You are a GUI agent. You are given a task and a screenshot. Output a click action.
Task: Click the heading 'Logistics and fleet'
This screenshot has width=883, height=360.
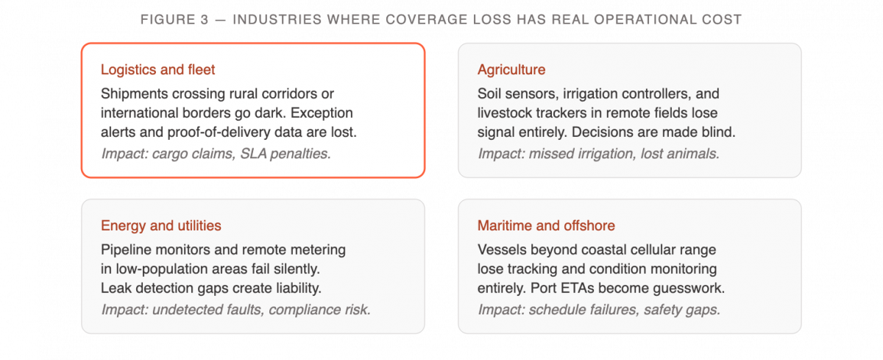(x=157, y=70)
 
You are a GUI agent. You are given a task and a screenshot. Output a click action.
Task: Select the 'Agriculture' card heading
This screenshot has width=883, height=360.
(x=511, y=70)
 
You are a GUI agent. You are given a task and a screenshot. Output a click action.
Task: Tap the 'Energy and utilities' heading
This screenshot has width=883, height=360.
(x=161, y=225)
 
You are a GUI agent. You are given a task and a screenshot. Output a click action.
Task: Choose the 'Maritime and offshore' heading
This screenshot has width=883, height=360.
(x=546, y=225)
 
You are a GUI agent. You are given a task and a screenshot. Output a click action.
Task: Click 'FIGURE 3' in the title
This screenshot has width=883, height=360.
(x=174, y=19)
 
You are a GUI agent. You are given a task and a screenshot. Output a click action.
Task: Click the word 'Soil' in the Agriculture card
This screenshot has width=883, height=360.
(x=489, y=93)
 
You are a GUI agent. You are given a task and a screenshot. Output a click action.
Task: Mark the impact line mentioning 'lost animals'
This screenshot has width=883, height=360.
(x=599, y=154)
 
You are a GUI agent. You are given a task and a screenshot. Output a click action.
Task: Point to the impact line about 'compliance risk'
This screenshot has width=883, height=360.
(x=236, y=310)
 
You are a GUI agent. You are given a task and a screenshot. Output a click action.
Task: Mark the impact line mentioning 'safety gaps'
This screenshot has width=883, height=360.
(x=599, y=310)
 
